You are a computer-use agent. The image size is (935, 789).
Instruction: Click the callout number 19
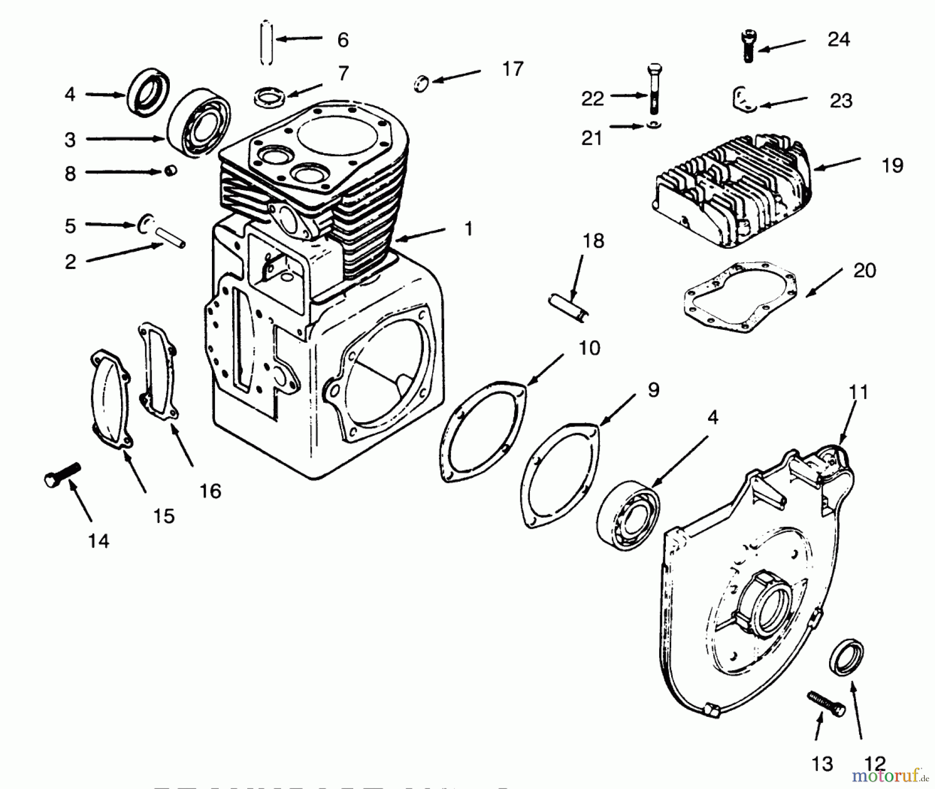tap(892, 166)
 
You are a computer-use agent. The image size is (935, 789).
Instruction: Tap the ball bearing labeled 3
tap(199, 125)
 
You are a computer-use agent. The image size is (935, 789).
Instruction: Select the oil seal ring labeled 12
tap(846, 658)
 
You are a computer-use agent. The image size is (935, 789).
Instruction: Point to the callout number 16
tap(210, 491)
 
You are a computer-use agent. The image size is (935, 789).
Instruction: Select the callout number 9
tap(653, 390)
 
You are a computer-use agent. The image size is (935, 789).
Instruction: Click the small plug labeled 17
tap(421, 83)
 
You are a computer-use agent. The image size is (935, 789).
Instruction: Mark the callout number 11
tap(858, 392)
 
